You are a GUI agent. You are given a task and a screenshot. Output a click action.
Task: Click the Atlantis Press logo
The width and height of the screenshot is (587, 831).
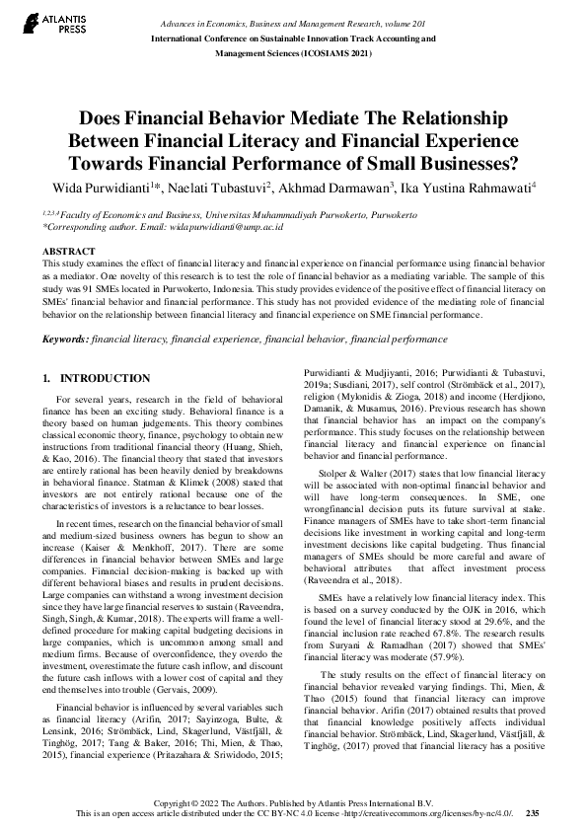pos(38,21)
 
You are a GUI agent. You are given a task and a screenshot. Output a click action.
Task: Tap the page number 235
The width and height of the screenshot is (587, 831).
pos(533,813)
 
